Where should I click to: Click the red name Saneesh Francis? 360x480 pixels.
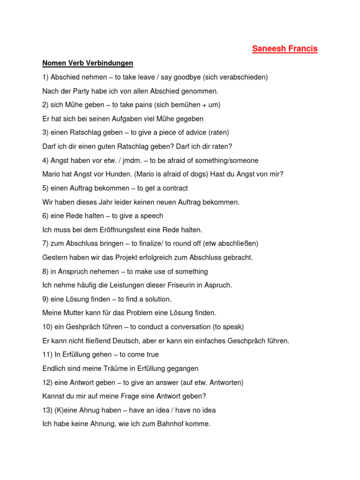pyautogui.click(x=285, y=49)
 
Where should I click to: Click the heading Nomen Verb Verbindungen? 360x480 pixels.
pyautogui.click(x=88, y=63)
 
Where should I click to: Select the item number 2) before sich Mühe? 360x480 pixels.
pyautogui.click(x=45, y=105)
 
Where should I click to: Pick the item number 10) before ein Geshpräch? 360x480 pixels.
pyautogui.click(x=47, y=327)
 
